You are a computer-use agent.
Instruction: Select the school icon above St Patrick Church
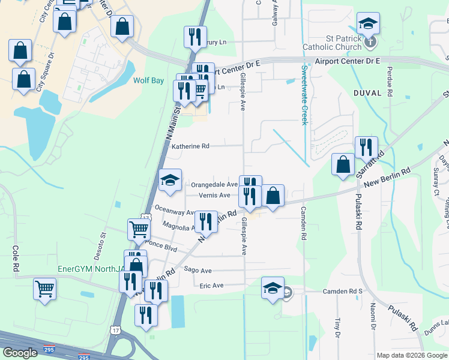point(367,24)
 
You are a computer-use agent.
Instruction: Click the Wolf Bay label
point(149,79)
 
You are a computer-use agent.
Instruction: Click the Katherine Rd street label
point(190,146)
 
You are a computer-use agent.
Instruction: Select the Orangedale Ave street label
point(214,185)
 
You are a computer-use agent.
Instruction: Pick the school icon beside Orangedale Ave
point(170,181)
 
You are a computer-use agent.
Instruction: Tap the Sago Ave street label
point(198,271)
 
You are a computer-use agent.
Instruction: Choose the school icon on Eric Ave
point(273,289)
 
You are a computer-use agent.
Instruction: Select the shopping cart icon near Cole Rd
point(45,289)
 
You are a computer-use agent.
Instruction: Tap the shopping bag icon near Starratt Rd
point(342,164)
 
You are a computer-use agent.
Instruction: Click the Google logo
point(20,353)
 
